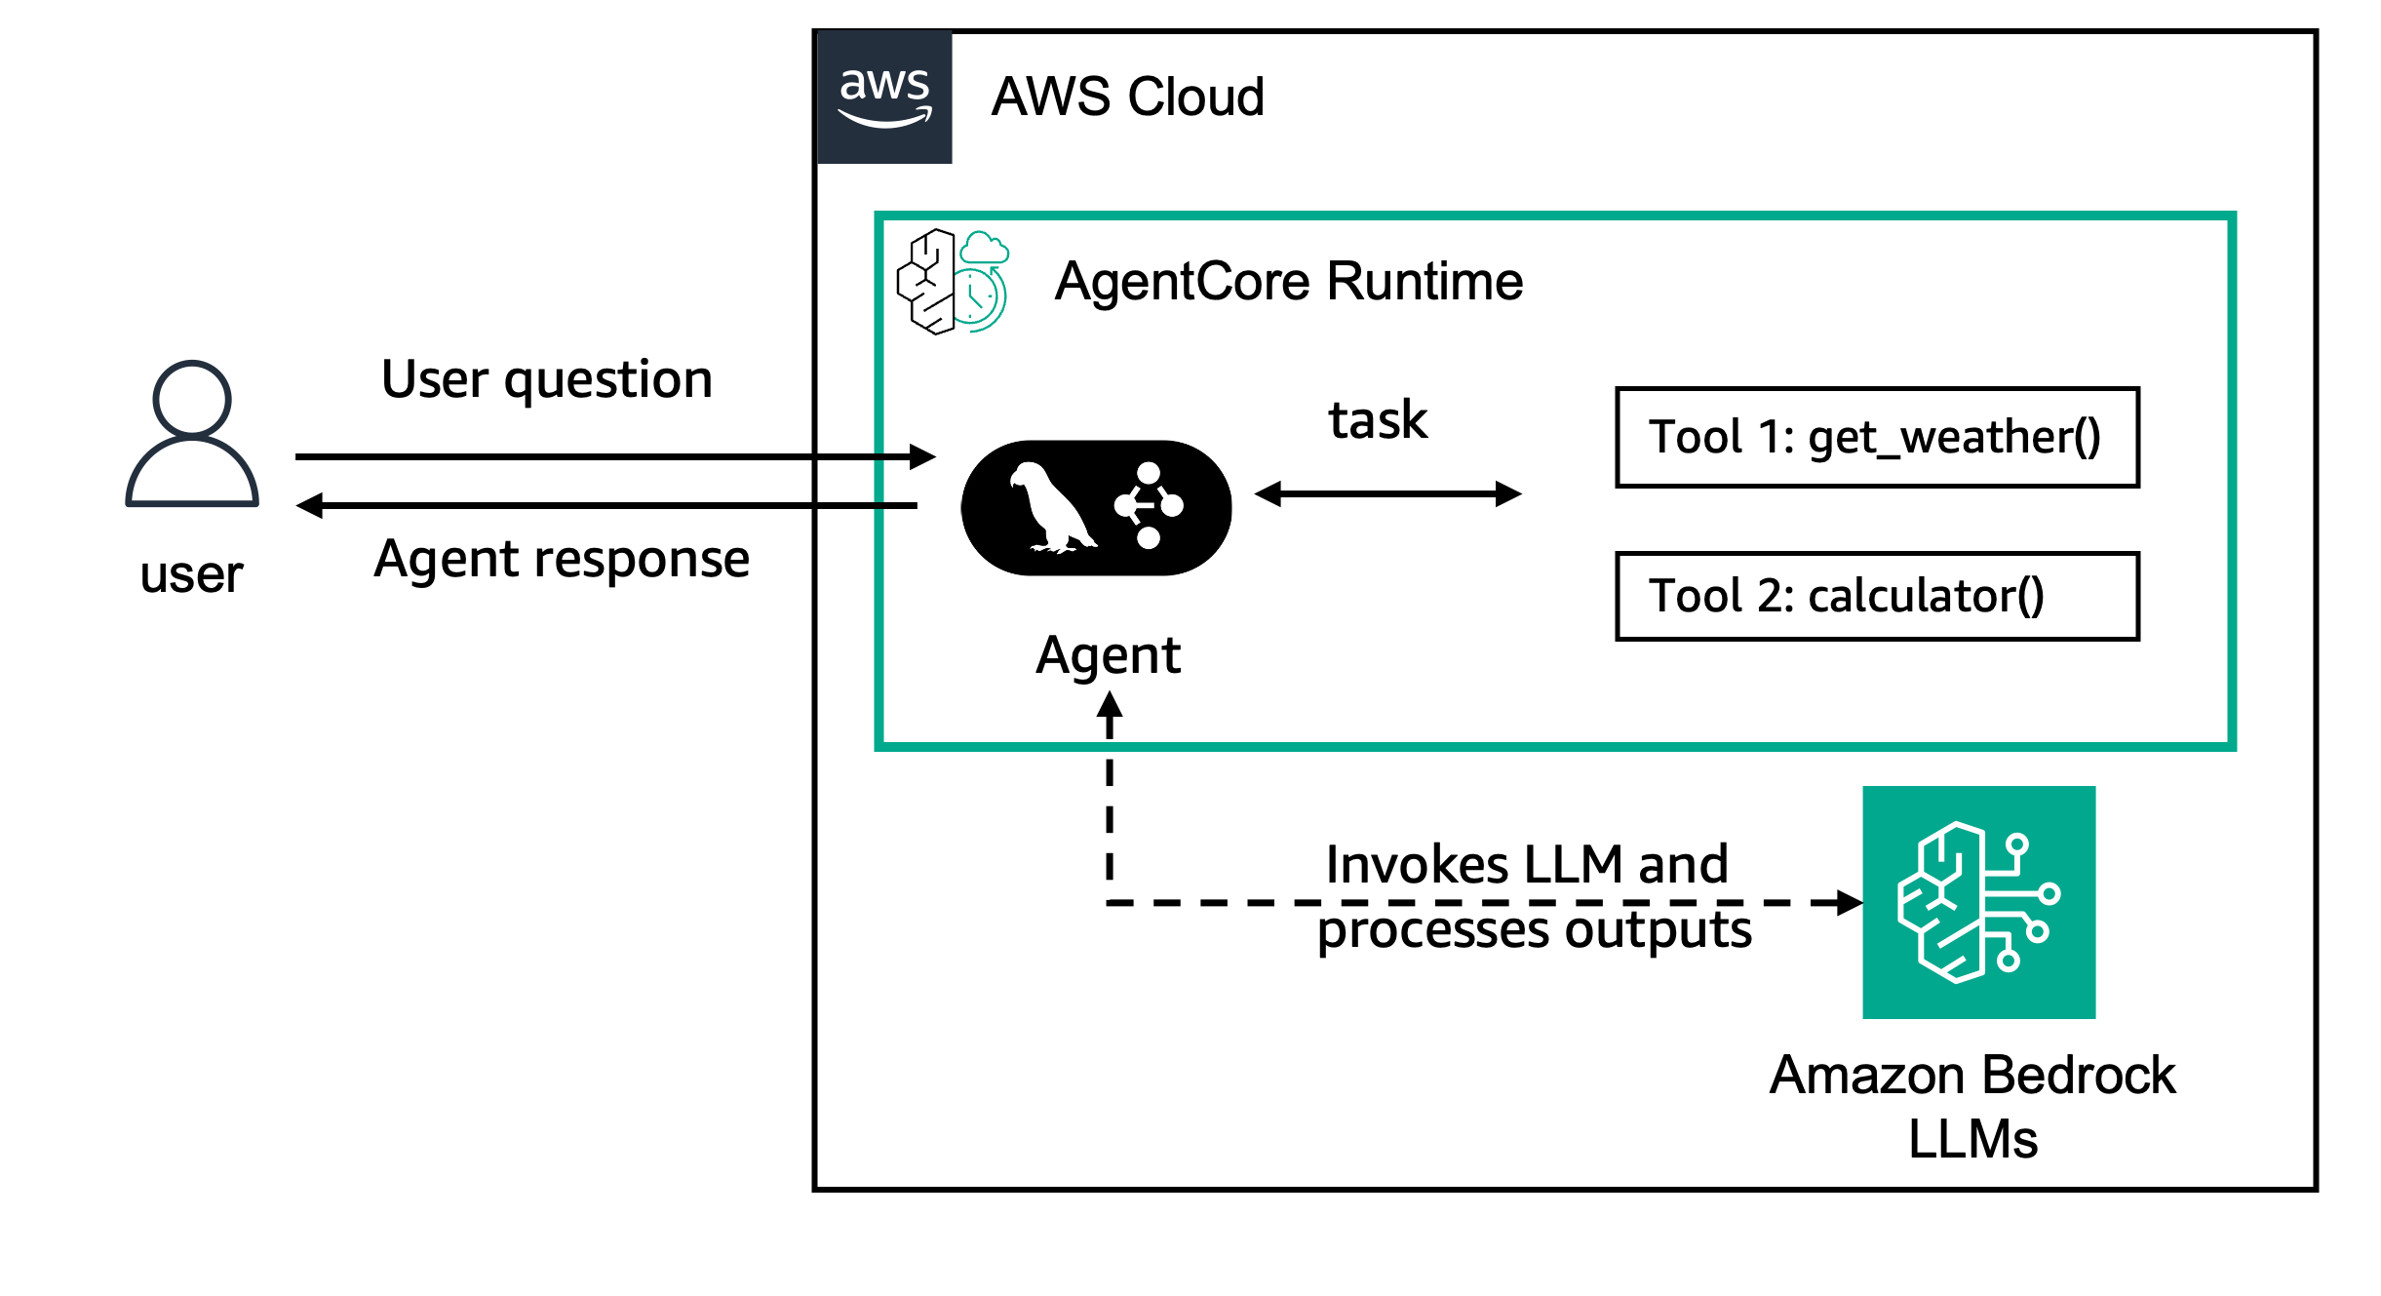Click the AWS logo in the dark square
[x=884, y=98]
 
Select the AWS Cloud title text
[x=1128, y=97]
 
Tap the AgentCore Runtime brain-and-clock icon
[x=953, y=282]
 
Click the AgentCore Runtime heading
[x=1289, y=281]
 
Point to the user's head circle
[x=192, y=398]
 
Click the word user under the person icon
[x=191, y=574]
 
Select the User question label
[x=547, y=378]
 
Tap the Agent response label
[x=563, y=559]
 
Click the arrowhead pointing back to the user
[x=309, y=505]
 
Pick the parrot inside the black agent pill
[x=1051, y=507]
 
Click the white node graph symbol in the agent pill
[x=1149, y=505]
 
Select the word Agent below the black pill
[x=1109, y=655]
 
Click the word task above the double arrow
[x=1378, y=420]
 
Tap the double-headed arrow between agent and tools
[x=1388, y=493]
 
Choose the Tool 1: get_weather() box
[x=1877, y=437]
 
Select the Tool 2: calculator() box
[x=1877, y=596]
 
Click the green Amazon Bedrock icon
[x=1978, y=902]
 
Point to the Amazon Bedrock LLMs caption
[x=1972, y=1107]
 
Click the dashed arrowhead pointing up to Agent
[x=1110, y=703]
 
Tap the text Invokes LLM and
[x=1527, y=864]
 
